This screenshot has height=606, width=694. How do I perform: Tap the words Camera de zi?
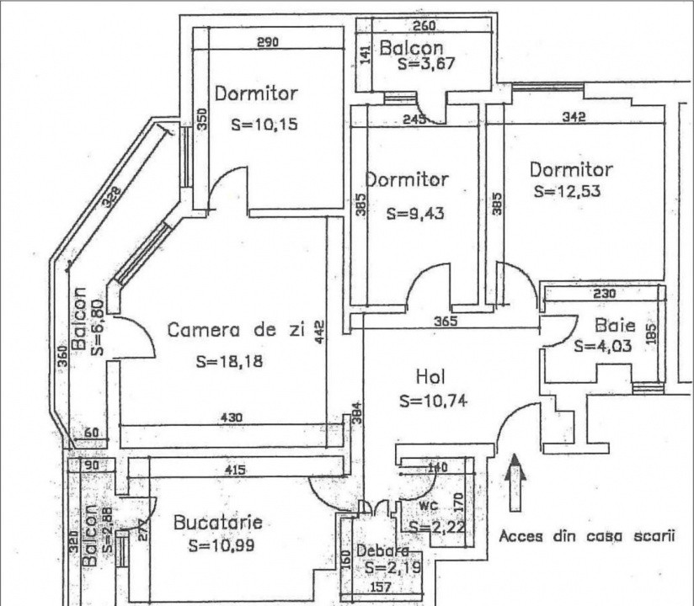[235, 330]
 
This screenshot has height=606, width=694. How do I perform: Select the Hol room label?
[430, 375]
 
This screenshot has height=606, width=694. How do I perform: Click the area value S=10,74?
[435, 401]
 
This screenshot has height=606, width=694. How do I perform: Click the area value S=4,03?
[602, 345]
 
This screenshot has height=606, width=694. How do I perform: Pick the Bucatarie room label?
[217, 523]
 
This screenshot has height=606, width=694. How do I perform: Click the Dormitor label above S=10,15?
[256, 93]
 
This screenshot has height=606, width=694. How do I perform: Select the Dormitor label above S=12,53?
[571, 169]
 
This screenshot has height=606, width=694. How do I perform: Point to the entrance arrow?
[513, 481]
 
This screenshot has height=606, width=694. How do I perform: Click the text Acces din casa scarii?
[587, 535]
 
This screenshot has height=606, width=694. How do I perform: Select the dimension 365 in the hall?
[444, 321]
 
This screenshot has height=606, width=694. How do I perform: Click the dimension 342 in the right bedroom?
[574, 117]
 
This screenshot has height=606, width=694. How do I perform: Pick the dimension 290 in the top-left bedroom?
[267, 41]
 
